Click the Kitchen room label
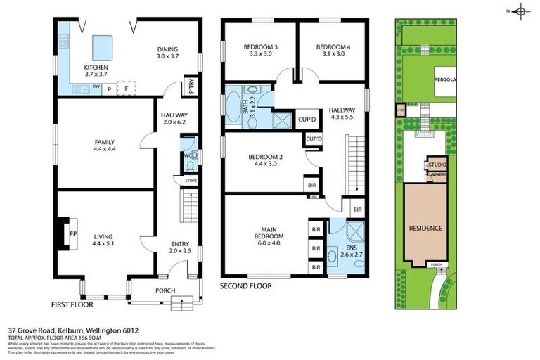[94, 67]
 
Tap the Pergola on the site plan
[444, 79]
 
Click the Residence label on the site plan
[425, 228]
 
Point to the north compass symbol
[520, 11]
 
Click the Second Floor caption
[246, 287]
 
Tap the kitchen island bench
[102, 46]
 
